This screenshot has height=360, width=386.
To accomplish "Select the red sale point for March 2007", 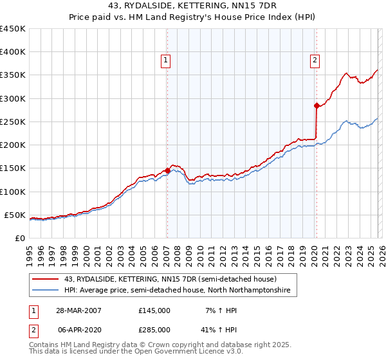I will pos(167,170).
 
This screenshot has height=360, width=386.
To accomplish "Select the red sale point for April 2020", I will pos(316,105).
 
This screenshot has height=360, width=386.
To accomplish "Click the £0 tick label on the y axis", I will pos(19,238).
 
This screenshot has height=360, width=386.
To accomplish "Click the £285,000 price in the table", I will pos(154,329).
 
